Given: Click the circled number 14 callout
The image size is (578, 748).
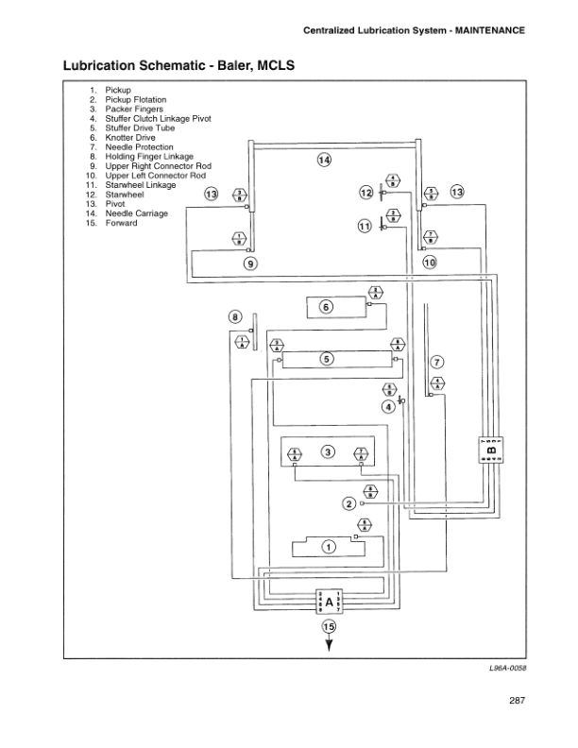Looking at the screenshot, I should (x=324, y=161).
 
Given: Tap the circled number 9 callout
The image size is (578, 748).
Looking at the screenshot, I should (x=250, y=263).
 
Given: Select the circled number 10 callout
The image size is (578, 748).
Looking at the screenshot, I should (x=430, y=263).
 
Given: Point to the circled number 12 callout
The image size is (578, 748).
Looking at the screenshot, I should (x=366, y=193).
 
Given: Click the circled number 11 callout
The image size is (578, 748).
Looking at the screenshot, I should (x=365, y=227).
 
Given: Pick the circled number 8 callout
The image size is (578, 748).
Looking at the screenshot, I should (x=235, y=317).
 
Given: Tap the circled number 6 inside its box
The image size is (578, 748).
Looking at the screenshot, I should (x=326, y=307).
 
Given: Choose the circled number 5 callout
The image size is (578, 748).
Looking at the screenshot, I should (x=326, y=358).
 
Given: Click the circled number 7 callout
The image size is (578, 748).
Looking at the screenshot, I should (x=436, y=363).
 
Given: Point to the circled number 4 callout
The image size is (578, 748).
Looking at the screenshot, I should (x=387, y=407).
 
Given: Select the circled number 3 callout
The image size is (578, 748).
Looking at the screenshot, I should (x=327, y=451).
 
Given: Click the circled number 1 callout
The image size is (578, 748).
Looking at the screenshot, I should (x=328, y=546).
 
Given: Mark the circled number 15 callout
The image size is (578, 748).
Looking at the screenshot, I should (x=329, y=626).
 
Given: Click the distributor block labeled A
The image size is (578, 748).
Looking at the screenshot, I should (x=329, y=602).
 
